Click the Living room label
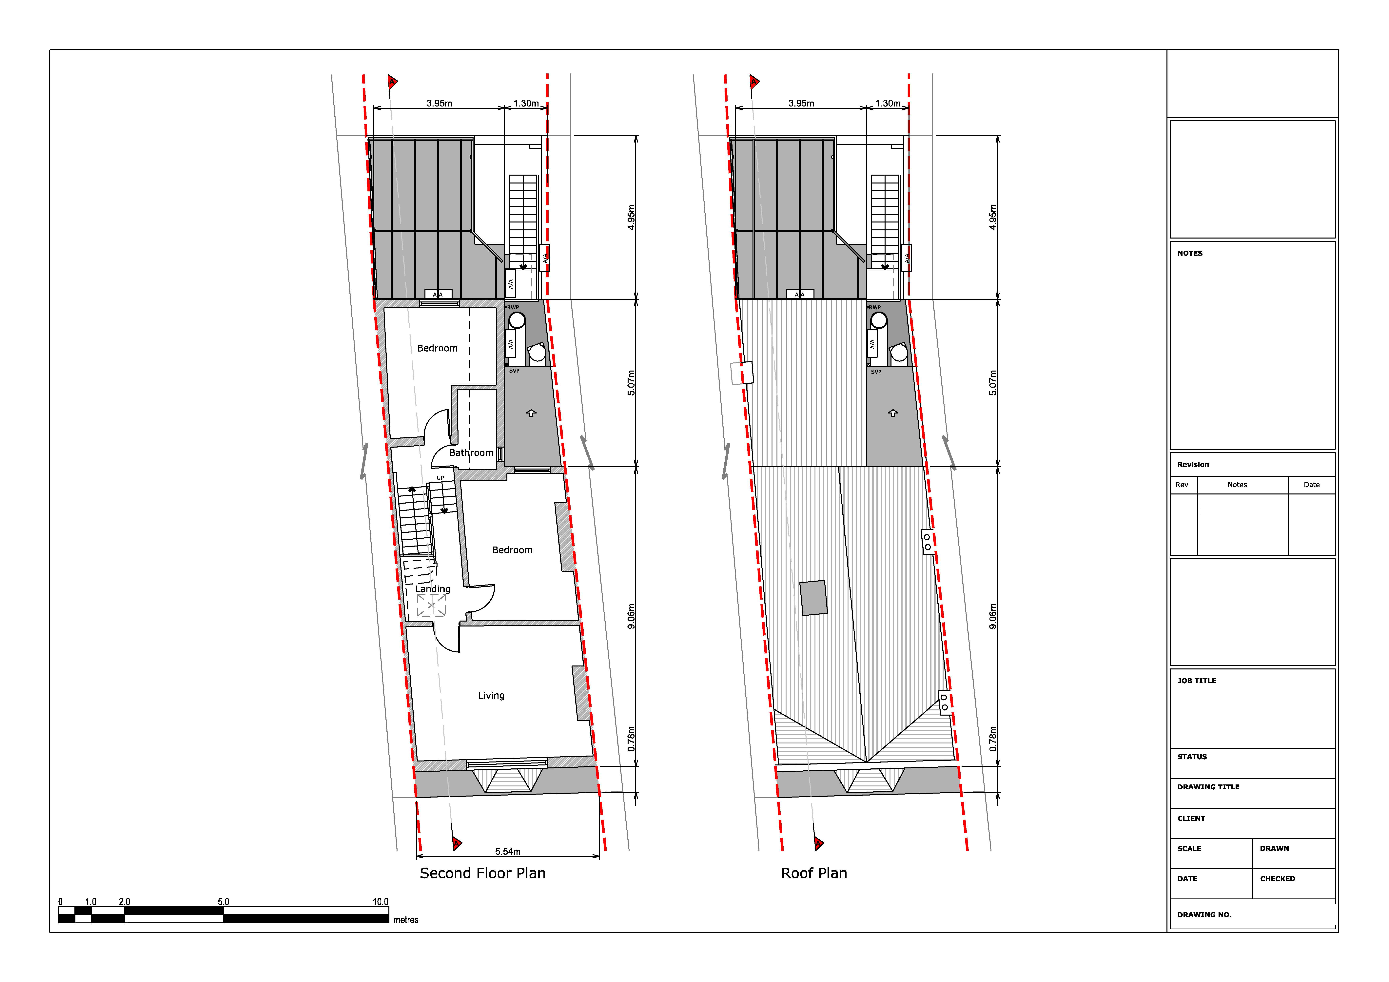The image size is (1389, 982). point(491,696)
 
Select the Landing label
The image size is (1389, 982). point(433,589)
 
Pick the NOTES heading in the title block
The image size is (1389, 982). point(1190,254)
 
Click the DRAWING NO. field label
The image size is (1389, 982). point(1204,915)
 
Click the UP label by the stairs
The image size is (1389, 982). point(440,478)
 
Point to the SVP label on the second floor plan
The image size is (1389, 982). point(514,371)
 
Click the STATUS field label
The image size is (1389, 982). point(1192,757)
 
